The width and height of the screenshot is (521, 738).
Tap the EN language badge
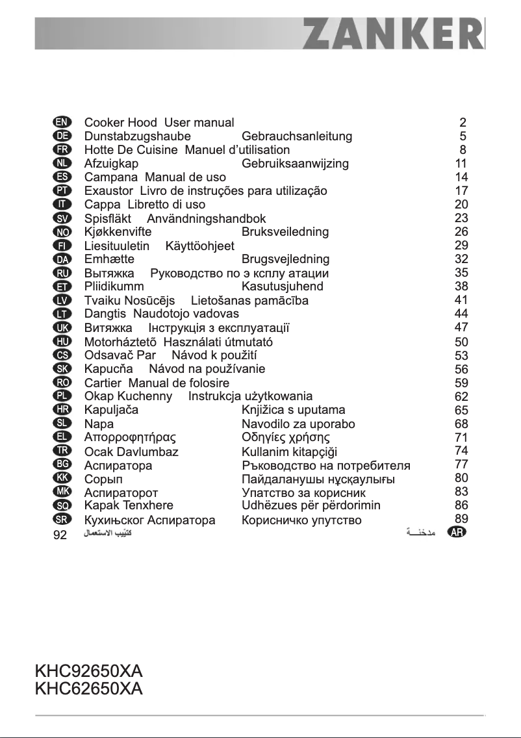click(61, 122)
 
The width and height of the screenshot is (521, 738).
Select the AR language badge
click(457, 532)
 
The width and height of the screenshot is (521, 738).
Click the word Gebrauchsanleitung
click(297, 136)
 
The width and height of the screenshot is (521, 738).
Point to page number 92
click(60, 536)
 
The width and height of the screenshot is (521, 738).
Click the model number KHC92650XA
click(88, 670)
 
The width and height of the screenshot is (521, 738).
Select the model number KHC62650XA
click(88, 688)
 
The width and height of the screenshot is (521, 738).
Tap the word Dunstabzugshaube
click(138, 136)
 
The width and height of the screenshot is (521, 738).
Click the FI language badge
click(61, 246)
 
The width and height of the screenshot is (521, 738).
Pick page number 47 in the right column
click(462, 327)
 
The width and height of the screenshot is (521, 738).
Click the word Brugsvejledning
click(285, 259)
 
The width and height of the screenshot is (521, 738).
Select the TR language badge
click(61, 450)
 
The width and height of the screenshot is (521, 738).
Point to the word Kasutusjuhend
click(282, 286)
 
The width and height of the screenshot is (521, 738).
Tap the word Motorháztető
click(121, 342)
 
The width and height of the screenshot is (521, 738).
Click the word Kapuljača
click(111, 410)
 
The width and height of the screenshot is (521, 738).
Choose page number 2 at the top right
click(463, 122)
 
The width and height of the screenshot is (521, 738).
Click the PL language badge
click(61, 396)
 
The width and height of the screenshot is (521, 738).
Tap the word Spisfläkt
click(108, 219)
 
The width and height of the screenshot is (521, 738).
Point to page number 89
click(462, 518)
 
